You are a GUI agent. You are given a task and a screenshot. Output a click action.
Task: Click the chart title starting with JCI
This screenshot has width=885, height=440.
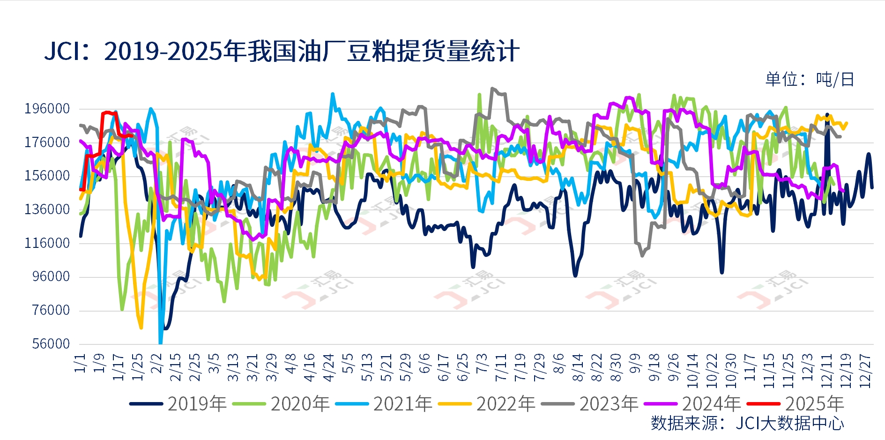[x=282, y=51]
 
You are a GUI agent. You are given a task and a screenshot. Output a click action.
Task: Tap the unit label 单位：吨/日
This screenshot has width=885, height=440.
[x=810, y=79]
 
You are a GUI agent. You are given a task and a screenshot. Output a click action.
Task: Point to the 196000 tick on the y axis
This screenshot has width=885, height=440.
[x=47, y=109]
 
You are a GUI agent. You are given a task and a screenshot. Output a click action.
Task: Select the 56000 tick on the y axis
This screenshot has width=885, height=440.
[x=51, y=344]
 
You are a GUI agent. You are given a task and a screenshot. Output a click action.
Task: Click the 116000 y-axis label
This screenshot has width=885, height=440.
[x=47, y=243]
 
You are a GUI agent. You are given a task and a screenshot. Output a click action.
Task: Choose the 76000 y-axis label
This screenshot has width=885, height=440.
[x=51, y=310]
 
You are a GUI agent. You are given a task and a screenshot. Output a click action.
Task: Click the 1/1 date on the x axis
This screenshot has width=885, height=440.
[x=80, y=363]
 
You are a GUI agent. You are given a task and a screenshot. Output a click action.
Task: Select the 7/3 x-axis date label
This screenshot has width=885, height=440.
[x=482, y=363]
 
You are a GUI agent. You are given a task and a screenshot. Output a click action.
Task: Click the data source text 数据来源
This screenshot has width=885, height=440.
[x=747, y=423]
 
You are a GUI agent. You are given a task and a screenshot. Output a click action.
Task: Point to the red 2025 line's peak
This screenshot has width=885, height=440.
[x=107, y=112]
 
